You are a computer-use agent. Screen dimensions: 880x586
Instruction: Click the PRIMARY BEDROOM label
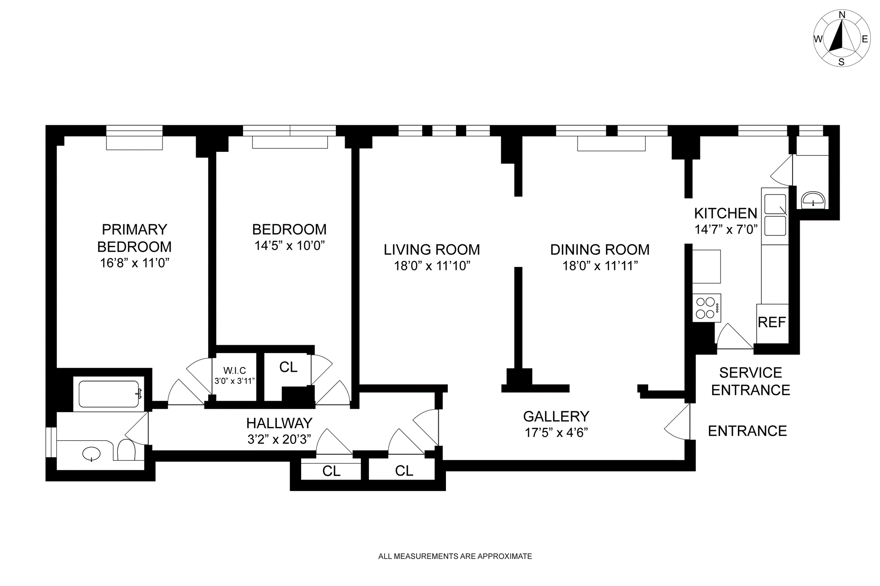(134, 238)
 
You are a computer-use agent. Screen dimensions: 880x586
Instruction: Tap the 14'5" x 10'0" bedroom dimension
(290, 245)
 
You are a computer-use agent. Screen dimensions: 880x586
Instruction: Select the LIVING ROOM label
(432, 249)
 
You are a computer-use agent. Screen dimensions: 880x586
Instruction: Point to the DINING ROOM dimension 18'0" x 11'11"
(600, 265)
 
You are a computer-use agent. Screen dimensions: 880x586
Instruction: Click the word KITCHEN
(726, 213)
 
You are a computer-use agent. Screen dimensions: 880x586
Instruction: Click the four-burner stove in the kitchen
(706, 308)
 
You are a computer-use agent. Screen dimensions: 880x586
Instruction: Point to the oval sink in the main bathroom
(91, 454)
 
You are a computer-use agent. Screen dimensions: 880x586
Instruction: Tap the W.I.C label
(235, 370)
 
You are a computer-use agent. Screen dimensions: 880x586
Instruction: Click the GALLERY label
(556, 416)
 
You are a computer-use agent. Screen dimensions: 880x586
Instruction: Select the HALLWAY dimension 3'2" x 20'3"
(280, 439)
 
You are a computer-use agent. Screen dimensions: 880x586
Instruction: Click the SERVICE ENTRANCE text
(750, 381)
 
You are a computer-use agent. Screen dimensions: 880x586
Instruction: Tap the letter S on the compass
(841, 62)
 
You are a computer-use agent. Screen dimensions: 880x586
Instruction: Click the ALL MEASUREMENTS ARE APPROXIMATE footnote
(455, 556)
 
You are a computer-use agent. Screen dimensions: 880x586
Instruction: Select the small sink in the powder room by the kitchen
(813, 200)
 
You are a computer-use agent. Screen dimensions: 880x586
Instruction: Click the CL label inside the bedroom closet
(288, 367)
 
